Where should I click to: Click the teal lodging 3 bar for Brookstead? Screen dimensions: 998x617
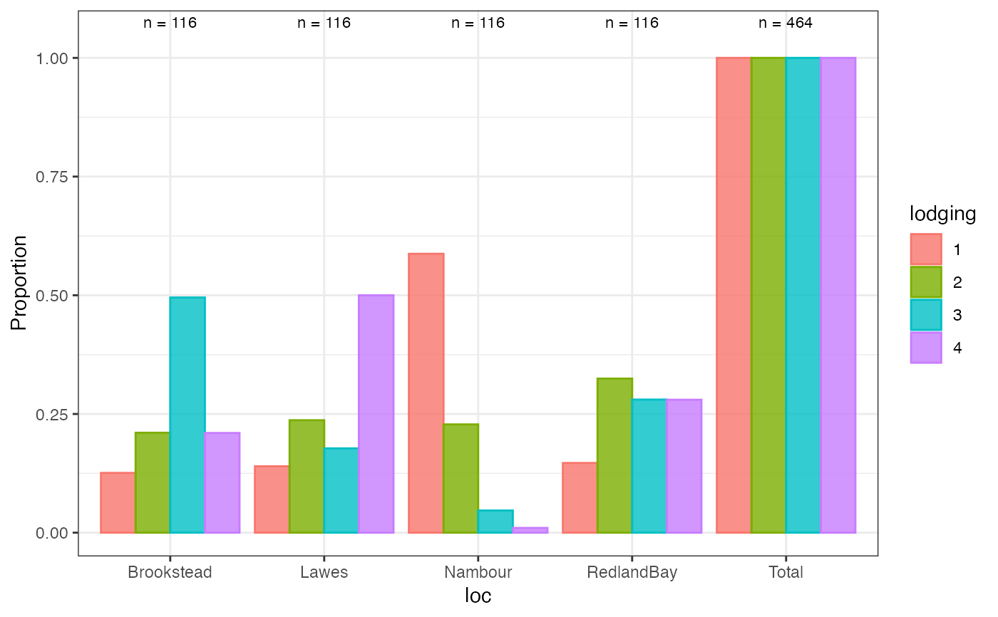pyautogui.click(x=187, y=415)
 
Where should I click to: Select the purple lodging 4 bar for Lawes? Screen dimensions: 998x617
pyautogui.click(x=376, y=413)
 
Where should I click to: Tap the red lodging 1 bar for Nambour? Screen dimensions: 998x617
pyautogui.click(x=426, y=393)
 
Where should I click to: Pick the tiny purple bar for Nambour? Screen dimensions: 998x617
pyautogui.click(x=530, y=530)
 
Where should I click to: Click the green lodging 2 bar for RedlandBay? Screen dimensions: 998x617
pyautogui.click(x=614, y=455)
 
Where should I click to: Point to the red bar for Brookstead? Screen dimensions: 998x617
pyautogui.click(x=118, y=502)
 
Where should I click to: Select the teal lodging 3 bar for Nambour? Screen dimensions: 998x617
pyautogui.click(x=495, y=522)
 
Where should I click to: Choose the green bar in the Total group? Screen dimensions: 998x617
pyautogui.click(x=768, y=295)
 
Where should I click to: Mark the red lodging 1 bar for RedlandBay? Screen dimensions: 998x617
pyautogui.click(x=580, y=498)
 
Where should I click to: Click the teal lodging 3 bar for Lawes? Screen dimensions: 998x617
pyautogui.click(x=341, y=490)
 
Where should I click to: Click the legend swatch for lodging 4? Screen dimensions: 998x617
pyautogui.click(x=926, y=348)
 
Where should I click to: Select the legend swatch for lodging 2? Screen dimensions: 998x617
pyautogui.click(x=926, y=282)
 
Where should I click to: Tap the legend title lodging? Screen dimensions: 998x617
pyautogui.click(x=942, y=214)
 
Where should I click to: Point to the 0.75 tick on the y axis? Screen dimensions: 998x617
pyautogui.click(x=76, y=177)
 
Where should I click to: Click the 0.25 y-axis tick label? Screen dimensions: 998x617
pyautogui.click(x=51, y=415)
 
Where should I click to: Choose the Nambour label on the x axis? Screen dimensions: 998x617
pyautogui.click(x=478, y=572)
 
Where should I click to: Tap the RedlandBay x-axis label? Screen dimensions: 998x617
pyautogui.click(x=632, y=573)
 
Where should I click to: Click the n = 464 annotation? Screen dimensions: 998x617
pyautogui.click(x=786, y=23)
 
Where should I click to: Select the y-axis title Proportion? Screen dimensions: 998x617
pyautogui.click(x=19, y=283)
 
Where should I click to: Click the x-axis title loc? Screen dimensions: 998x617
pyautogui.click(x=478, y=596)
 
